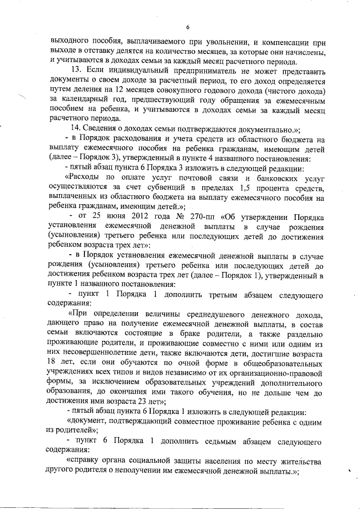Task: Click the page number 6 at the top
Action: coord(188,27)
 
